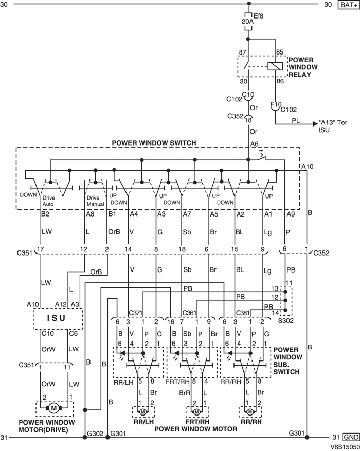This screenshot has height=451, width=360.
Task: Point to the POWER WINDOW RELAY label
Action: tap(303, 67)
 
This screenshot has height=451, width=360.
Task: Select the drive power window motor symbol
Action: tap(53, 408)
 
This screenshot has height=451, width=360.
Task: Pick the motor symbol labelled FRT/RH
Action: tap(197, 412)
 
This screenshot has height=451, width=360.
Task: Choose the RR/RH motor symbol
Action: tap(250, 412)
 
